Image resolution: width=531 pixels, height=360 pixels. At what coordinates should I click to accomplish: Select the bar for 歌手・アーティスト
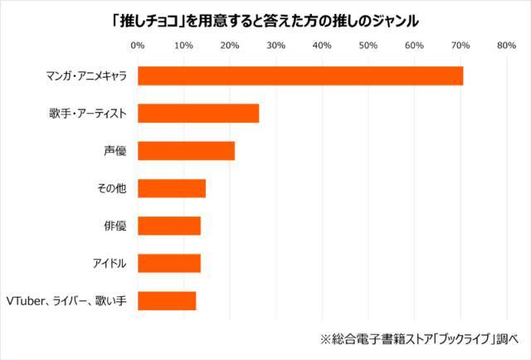tap(198, 114)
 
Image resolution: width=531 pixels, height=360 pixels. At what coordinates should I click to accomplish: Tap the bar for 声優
tap(186, 151)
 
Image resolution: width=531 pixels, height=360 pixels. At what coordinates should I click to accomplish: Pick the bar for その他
tap(171, 188)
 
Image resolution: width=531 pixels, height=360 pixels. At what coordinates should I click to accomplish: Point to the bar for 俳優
tap(168, 226)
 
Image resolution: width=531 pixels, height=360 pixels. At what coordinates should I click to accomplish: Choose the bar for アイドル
tap(168, 263)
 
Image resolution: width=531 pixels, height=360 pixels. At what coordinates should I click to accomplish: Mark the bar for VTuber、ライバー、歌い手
tap(166, 300)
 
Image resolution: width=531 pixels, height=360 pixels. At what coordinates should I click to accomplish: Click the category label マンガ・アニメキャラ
tap(86, 76)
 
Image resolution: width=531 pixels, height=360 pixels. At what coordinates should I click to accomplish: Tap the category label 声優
tap(114, 151)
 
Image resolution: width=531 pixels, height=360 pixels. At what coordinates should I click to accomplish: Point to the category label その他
tap(111, 188)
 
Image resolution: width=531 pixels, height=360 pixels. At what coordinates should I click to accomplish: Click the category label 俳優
tap(114, 226)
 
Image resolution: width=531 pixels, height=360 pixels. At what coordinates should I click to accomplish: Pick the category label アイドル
tap(109, 263)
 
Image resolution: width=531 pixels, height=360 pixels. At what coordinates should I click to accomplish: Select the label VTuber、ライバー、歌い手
tap(66, 300)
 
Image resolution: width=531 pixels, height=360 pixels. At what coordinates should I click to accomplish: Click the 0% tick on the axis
tap(138, 45)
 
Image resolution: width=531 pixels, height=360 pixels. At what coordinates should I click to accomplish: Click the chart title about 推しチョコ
tap(265, 17)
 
